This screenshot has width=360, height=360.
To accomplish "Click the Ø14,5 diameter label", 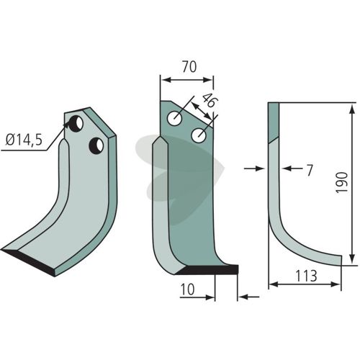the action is click(x=24, y=140).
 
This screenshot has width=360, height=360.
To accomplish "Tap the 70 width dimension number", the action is click(x=189, y=67).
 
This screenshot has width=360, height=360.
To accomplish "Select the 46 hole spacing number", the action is click(x=208, y=100).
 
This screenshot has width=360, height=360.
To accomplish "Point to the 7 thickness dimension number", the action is click(x=310, y=170).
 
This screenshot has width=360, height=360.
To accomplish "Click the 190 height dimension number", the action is click(x=342, y=182).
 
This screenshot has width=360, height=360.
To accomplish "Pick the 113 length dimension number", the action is click(x=306, y=276).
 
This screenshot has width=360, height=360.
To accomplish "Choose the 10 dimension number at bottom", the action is click(x=187, y=289).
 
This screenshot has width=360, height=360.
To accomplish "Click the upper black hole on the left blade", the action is click(x=76, y=124).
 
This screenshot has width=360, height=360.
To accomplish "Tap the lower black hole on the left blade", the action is click(x=96, y=145).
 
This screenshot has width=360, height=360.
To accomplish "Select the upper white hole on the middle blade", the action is click(x=174, y=118).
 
